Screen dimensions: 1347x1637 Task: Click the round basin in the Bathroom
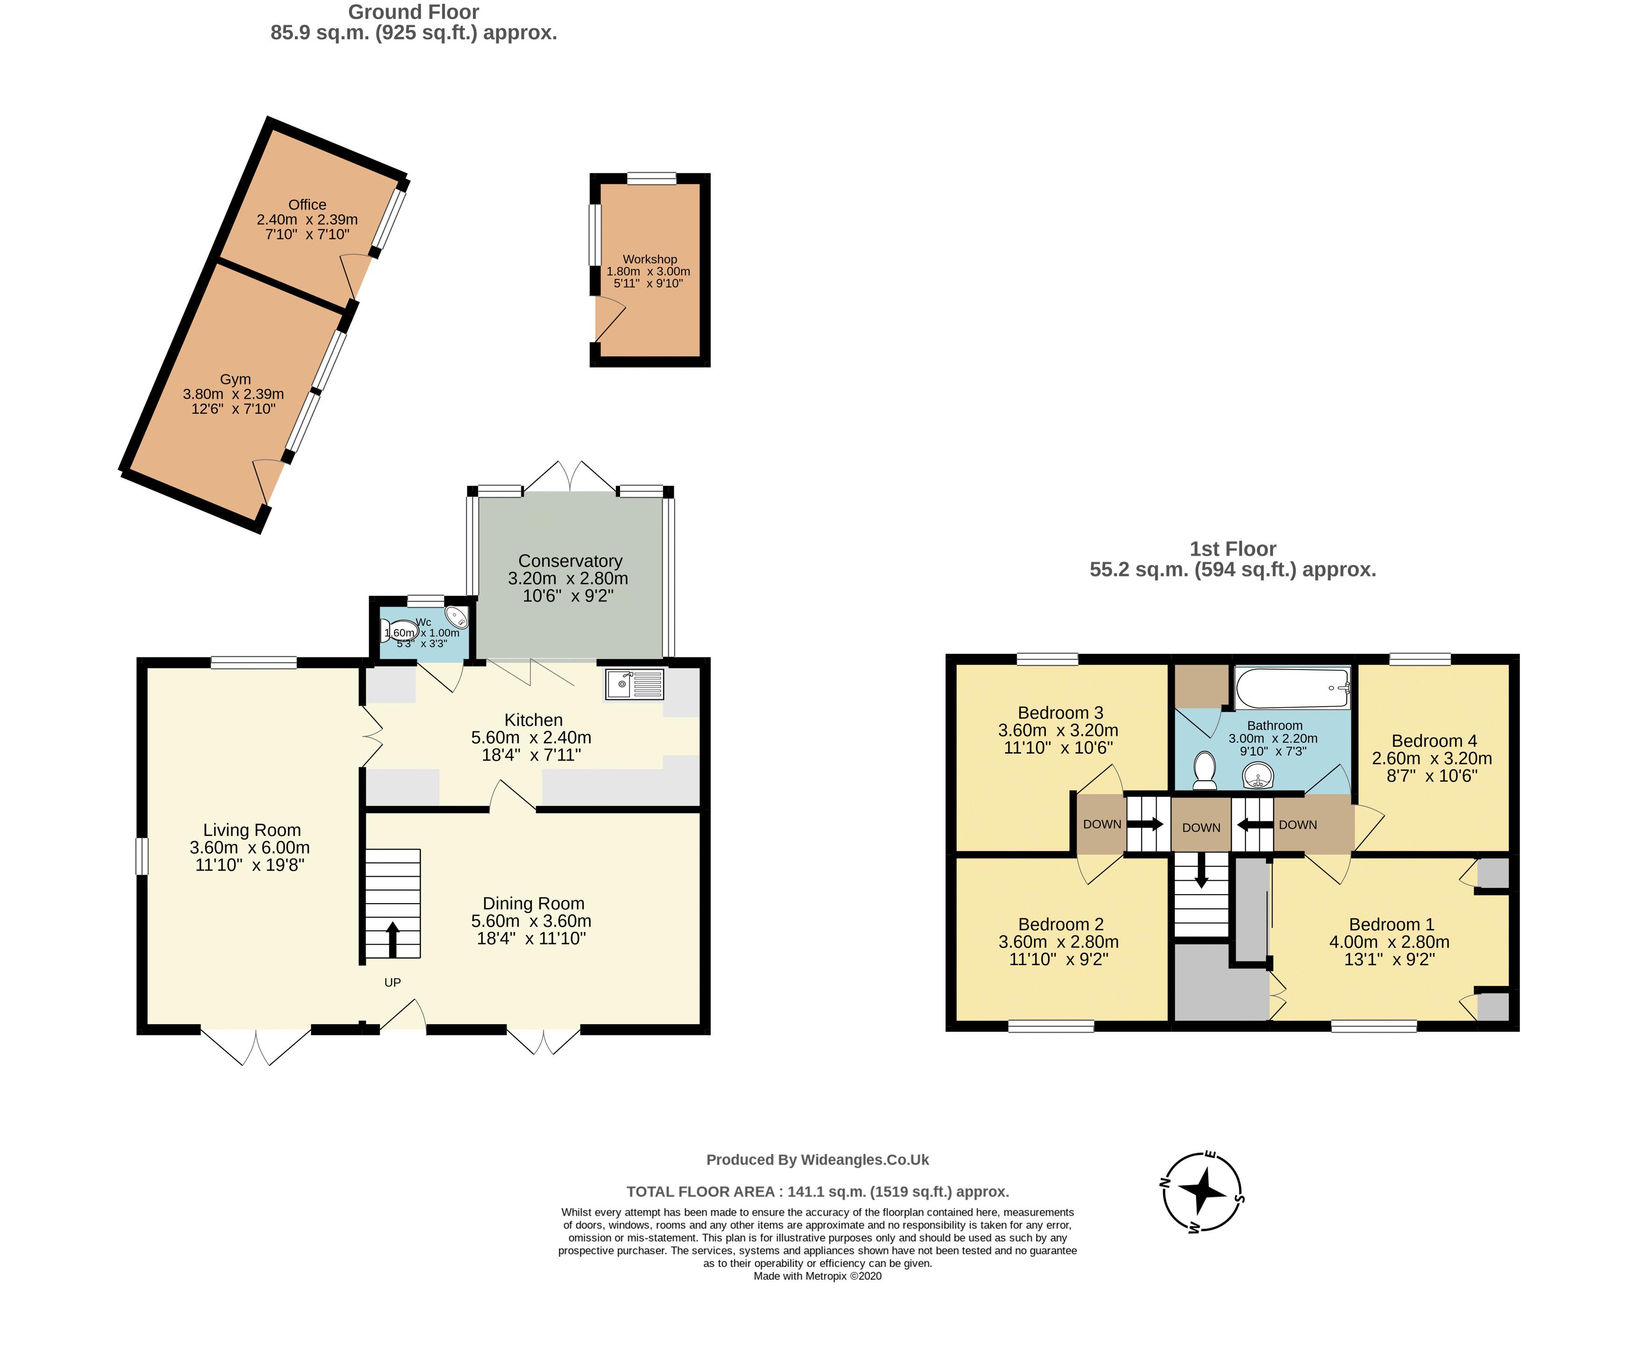1258,774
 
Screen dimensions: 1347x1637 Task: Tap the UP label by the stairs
392,982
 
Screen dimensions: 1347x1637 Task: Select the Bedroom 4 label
1434,741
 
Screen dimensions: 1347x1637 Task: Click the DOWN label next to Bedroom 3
1101,824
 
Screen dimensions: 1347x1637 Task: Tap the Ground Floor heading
413,13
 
